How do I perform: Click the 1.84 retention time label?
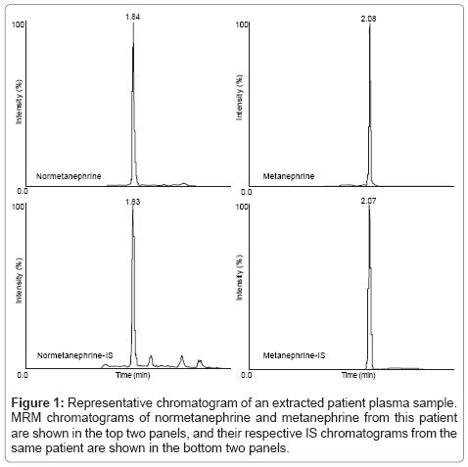133,17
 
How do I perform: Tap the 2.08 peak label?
368,19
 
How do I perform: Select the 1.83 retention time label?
133,202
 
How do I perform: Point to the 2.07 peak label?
368,201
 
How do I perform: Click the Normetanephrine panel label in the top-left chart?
69,176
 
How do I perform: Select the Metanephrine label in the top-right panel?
289,176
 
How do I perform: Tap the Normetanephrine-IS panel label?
75,355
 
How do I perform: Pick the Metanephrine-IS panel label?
294,355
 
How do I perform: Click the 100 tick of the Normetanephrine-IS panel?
18,207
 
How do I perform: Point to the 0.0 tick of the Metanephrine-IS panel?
247,375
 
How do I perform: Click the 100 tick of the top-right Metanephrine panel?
242,24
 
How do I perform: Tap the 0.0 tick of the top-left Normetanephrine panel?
23,191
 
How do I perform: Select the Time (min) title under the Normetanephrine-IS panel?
133,375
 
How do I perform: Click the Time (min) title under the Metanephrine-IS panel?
358,375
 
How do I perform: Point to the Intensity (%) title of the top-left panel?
19,102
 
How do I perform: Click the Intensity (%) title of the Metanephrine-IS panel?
239,278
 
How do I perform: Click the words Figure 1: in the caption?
38,403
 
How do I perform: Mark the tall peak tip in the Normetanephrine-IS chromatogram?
132,207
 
